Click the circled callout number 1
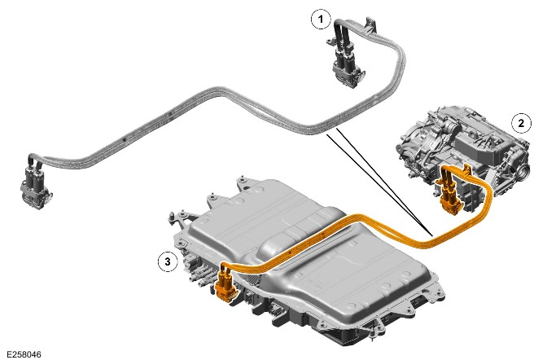(x=321, y=20)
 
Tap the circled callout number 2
(x=521, y=123)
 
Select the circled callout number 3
(x=168, y=261)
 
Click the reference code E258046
(x=24, y=354)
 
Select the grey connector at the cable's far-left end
(x=35, y=186)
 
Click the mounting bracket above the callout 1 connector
(x=370, y=24)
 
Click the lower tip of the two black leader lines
(x=431, y=235)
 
